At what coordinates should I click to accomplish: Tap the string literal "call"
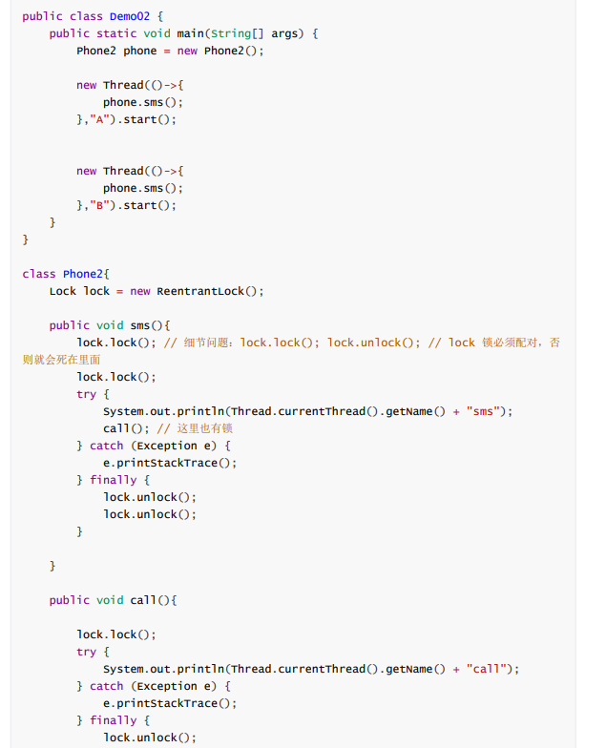tap(489, 669)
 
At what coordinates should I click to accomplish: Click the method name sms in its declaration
tap(140, 325)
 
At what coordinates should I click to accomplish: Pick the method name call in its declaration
tap(143, 600)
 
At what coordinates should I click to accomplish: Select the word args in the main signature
tap(284, 33)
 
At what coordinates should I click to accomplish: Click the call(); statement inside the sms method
tap(126, 428)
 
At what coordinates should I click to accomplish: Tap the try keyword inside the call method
tap(87, 652)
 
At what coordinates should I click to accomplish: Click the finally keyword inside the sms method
tap(113, 480)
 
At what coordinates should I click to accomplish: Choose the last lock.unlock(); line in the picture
tap(150, 738)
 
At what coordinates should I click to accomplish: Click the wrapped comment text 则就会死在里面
tap(61, 360)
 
